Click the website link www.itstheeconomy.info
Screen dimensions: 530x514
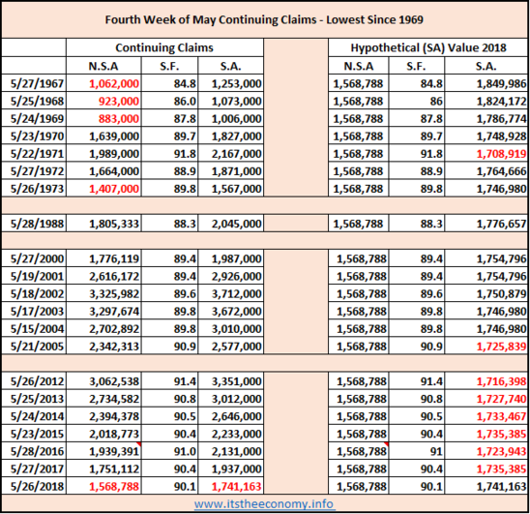tap(264, 504)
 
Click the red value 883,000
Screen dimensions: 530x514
tap(119, 119)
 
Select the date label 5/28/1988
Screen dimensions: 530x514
tap(37, 224)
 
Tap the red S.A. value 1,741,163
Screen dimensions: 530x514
tap(236, 487)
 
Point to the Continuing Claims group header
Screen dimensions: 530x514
tap(164, 47)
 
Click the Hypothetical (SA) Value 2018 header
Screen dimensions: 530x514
tap(428, 47)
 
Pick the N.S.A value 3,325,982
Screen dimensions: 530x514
tap(114, 293)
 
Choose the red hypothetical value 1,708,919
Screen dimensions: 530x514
tap(501, 154)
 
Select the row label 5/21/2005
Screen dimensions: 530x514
tap(37, 347)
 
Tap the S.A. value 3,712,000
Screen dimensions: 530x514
tap(236, 293)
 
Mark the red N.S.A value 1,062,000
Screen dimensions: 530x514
tap(114, 83)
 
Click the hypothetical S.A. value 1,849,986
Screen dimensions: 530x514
tap(501, 83)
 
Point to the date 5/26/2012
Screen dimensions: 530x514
tap(37, 381)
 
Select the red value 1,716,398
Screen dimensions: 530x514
tap(501, 381)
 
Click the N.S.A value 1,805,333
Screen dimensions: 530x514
tap(114, 224)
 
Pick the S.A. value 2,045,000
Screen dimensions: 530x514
tap(236, 224)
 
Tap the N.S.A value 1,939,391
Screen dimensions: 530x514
tap(114, 451)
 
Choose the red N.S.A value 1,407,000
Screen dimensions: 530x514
tap(114, 189)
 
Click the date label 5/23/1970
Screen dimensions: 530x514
tap(37, 136)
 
